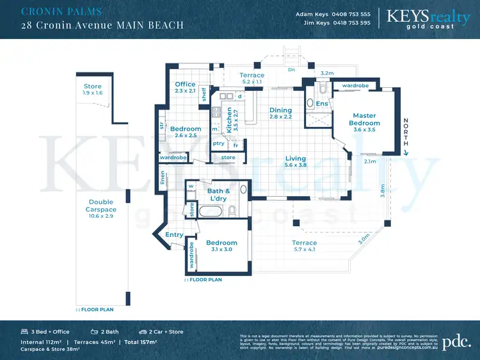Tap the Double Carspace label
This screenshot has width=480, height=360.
click(102, 206)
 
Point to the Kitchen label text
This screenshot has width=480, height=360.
click(230, 119)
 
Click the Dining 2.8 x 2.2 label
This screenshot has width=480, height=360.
click(280, 113)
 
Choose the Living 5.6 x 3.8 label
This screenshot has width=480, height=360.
click(295, 161)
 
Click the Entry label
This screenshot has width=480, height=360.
click(174, 235)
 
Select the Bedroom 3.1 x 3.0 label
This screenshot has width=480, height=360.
click(221, 246)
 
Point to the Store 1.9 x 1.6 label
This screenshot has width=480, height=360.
click(93, 90)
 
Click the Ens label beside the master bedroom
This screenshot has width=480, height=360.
click(322, 104)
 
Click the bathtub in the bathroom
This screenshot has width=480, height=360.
click(211, 211)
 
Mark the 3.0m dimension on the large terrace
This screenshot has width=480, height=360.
click(363, 240)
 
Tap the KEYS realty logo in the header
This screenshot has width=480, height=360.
click(429, 17)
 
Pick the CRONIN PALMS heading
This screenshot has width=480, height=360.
click(61, 12)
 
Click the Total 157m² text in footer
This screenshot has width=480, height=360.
click(140, 342)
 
